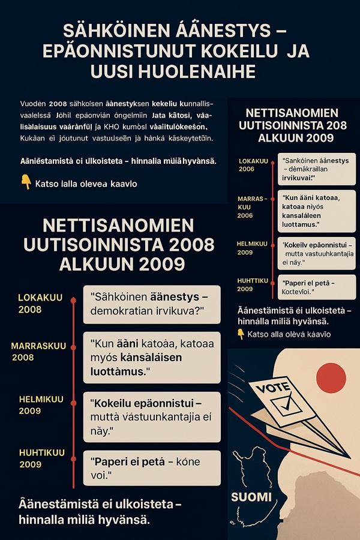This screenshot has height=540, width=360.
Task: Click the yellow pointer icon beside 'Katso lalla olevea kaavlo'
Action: (x=26, y=181)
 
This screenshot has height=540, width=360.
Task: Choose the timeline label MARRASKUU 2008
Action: (x=38, y=352)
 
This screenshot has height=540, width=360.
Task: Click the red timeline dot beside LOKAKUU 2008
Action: (x=73, y=299)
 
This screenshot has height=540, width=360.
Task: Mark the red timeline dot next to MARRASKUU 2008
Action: (x=73, y=348)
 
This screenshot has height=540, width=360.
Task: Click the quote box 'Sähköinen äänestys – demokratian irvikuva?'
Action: (x=151, y=304)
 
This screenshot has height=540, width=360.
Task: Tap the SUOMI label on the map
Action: (x=252, y=497)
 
